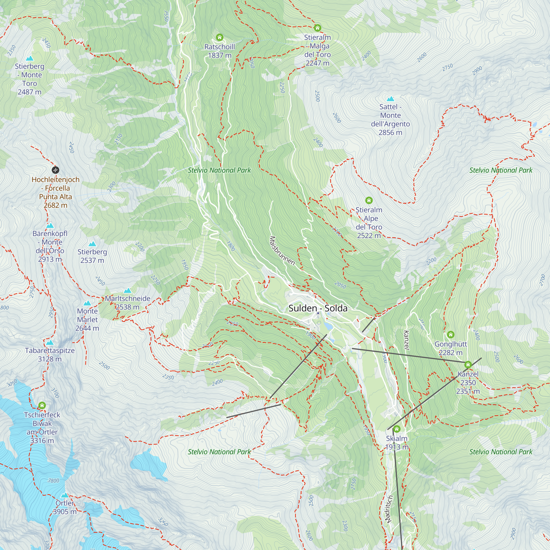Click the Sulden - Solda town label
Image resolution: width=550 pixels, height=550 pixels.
click(318, 308)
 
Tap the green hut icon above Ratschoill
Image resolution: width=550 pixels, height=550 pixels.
click(219, 37)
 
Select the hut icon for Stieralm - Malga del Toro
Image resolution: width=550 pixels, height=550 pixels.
click(317, 28)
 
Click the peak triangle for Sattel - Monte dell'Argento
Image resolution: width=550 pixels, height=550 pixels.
click(390, 99)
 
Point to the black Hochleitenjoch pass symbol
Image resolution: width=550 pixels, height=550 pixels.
click(56, 170)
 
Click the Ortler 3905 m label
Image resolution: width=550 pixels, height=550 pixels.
click(65, 507)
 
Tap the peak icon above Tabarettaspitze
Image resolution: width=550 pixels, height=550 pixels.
click(50, 342)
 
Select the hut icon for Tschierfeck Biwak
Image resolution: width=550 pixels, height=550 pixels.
click(42, 405)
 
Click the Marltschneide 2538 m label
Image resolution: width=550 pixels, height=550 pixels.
click(128, 302)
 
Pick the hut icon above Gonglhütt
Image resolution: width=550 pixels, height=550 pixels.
click(451, 334)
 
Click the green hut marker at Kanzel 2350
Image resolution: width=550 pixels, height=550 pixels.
click(468, 364)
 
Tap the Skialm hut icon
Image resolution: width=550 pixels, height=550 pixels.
click(397, 429)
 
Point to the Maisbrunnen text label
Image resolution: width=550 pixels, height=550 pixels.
click(282, 251)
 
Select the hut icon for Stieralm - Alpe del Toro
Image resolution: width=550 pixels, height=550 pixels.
click(369, 200)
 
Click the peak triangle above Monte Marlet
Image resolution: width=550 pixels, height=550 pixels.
click(87, 303)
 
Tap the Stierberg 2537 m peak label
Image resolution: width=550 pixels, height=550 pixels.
click(92, 256)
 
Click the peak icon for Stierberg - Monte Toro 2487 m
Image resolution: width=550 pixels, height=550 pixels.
click(30, 58)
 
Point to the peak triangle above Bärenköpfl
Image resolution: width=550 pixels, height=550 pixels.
click(50, 226)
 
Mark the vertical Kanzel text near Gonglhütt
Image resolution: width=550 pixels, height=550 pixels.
click(406, 340)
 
